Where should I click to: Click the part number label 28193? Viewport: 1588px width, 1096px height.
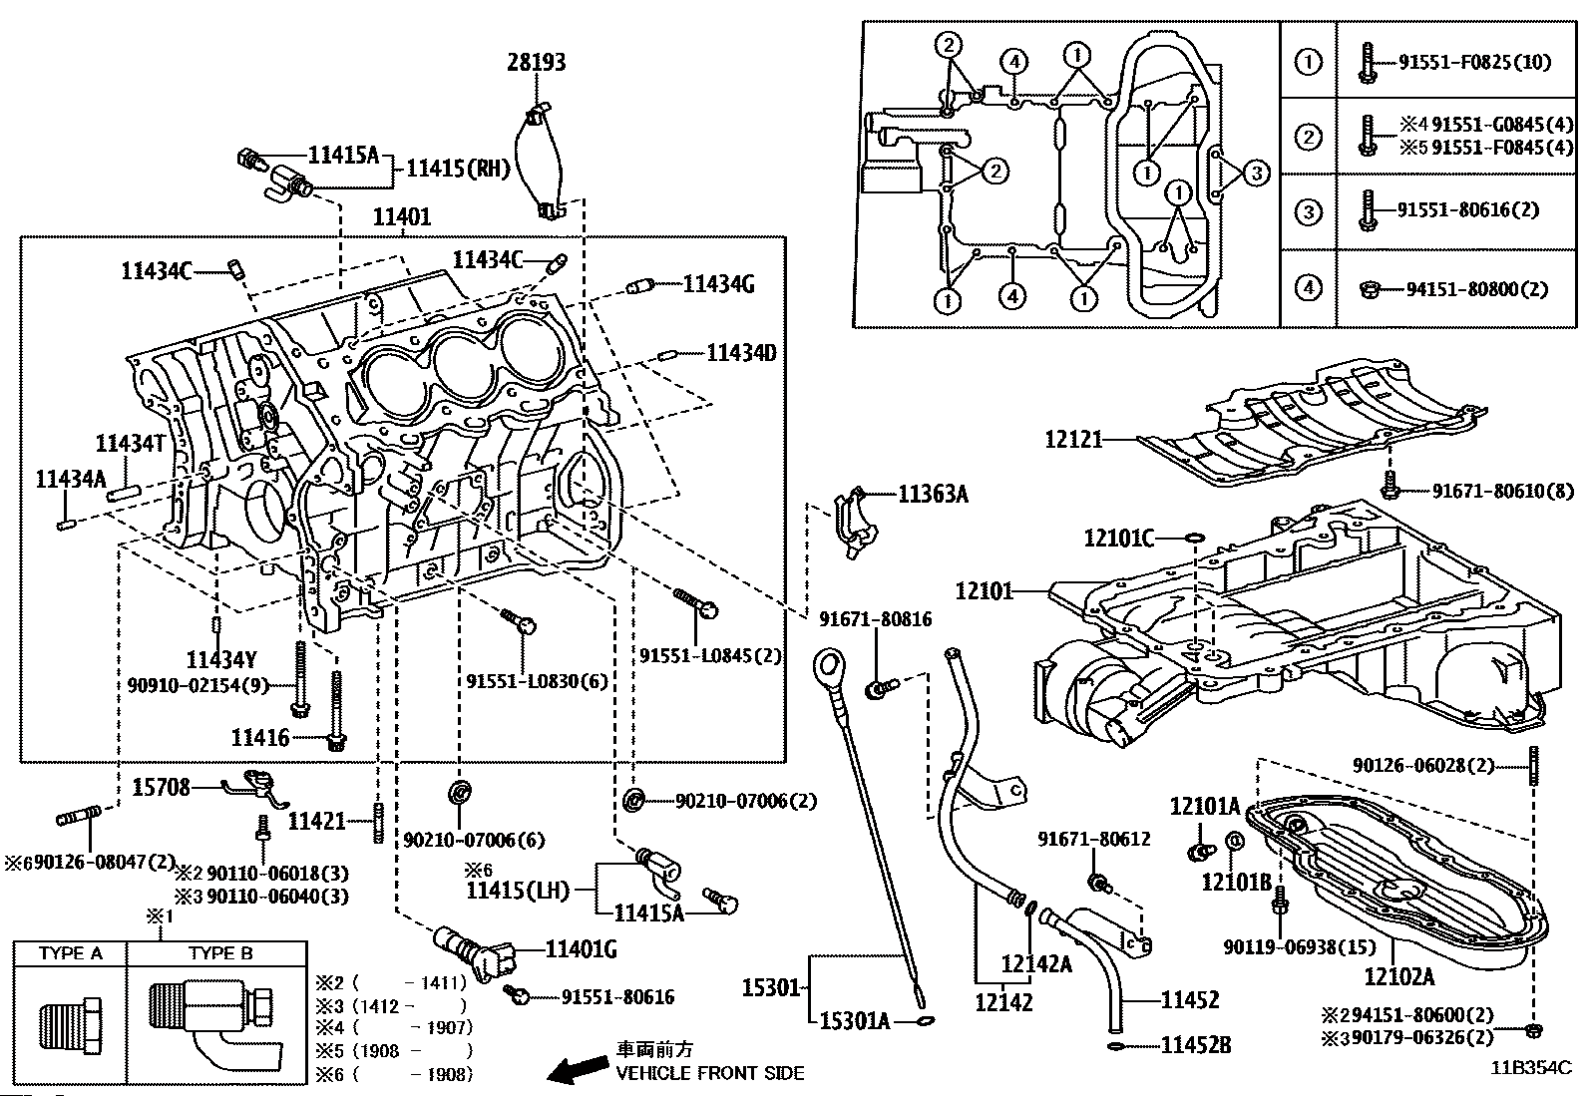pos(536,63)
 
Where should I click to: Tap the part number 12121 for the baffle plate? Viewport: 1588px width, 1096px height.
pos(1073,439)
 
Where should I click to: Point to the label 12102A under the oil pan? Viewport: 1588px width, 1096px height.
pos(1398,977)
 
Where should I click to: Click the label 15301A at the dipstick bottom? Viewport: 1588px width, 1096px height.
pos(855,1020)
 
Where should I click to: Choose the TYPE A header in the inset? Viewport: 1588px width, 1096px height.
pos(71,953)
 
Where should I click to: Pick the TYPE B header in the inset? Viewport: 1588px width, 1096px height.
pos(220,953)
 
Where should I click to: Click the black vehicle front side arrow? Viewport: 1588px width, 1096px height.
pos(576,1072)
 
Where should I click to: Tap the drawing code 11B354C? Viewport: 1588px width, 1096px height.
pos(1531,1068)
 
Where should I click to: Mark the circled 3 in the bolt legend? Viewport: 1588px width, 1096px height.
pos(1308,211)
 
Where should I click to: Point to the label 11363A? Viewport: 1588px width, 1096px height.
pos(933,494)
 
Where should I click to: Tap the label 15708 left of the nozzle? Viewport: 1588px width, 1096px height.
pos(161,788)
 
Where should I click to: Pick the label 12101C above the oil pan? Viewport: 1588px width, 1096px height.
pos(1118,540)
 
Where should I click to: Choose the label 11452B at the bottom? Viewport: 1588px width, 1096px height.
pos(1195,1045)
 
